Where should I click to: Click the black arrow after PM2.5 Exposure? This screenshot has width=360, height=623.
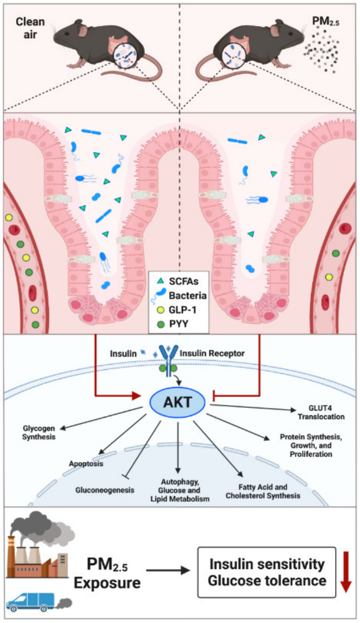point(168,570)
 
